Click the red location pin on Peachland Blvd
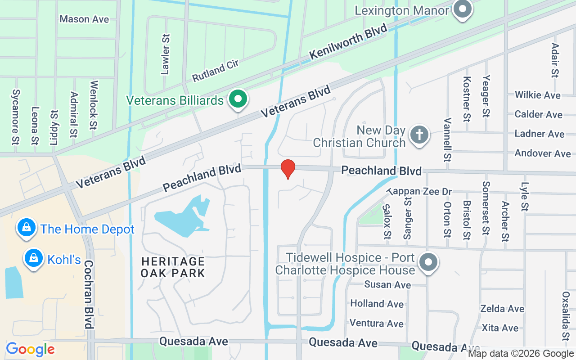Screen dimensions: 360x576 pyautogui.click(x=288, y=169)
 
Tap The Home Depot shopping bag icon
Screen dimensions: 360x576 pyautogui.click(x=27, y=228)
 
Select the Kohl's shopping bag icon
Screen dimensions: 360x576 pyautogui.click(x=33, y=258)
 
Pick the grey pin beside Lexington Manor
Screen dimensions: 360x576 pyautogui.click(x=462, y=9)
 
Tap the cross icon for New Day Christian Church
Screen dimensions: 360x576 pyautogui.click(x=419, y=135)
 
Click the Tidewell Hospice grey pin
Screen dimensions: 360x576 pyautogui.click(x=428, y=261)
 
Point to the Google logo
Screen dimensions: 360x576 pyautogui.click(x=30, y=349)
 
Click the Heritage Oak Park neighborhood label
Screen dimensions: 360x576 pyautogui.click(x=173, y=267)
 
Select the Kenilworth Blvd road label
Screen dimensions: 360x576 pyautogui.click(x=348, y=42)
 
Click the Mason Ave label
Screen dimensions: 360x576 pyautogui.click(x=84, y=19)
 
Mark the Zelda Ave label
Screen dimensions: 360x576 pyautogui.click(x=502, y=309)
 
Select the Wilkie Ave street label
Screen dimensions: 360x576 pyautogui.click(x=537, y=95)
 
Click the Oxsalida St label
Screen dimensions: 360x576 pyautogui.click(x=566, y=315)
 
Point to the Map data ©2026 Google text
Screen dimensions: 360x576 pyautogui.click(x=521, y=354)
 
